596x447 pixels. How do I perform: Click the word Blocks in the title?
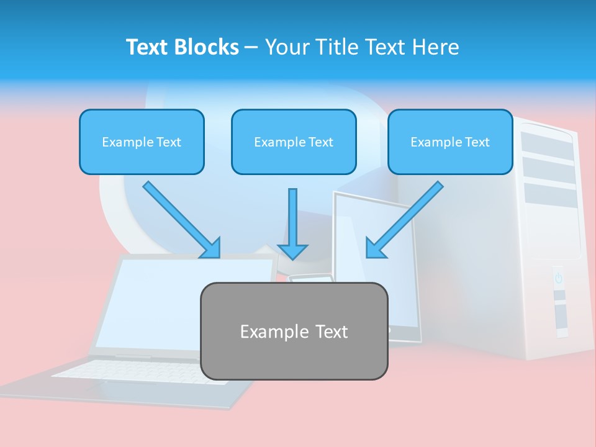point(207,47)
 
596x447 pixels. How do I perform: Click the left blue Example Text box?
point(142,142)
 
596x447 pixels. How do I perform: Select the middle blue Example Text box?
point(294,142)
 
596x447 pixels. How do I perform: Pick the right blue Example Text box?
point(450,142)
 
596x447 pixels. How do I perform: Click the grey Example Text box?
point(294,331)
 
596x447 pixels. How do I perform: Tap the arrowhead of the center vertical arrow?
point(293,251)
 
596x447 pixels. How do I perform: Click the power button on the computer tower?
point(558,278)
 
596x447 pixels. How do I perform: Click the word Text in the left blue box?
point(168,142)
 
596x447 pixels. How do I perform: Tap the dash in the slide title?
point(251,47)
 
